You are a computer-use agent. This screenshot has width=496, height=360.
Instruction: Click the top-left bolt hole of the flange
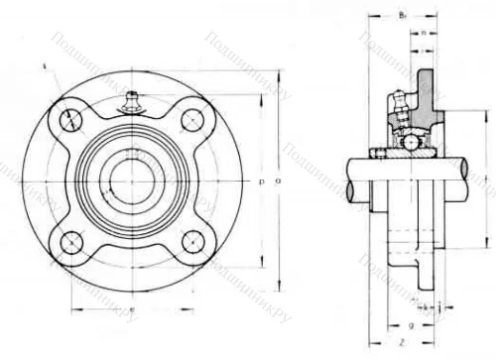[x=71, y=119]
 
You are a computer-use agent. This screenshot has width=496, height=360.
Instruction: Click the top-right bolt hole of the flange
[x=194, y=119]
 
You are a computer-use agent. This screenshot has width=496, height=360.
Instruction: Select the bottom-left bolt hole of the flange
[x=71, y=241]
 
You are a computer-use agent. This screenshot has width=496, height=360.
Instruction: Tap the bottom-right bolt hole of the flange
[x=194, y=241]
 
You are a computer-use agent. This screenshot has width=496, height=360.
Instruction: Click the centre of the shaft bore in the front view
[x=133, y=180]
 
